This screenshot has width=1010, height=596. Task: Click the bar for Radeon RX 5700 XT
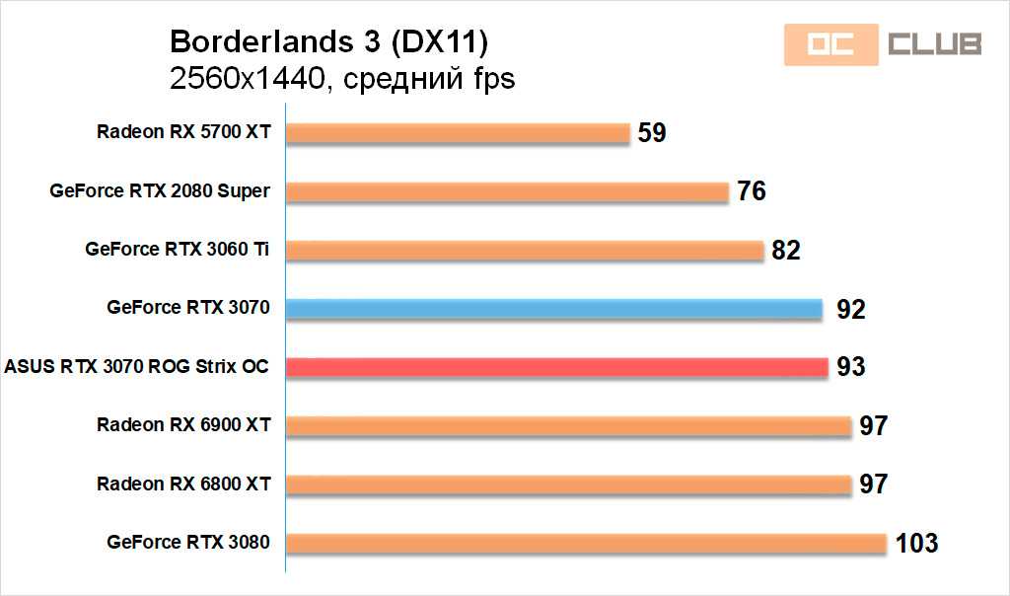pyautogui.click(x=458, y=133)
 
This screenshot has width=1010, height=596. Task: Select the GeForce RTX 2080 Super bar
pyautogui.click(x=507, y=191)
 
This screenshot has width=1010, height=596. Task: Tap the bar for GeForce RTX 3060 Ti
pyautogui.click(x=525, y=251)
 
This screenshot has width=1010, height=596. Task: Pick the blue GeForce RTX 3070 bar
pyautogui.click(x=554, y=309)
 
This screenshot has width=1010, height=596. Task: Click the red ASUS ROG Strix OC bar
pyautogui.click(x=557, y=367)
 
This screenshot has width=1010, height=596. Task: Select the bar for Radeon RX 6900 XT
pyautogui.click(x=568, y=425)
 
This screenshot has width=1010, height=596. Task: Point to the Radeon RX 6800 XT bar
pyautogui.click(x=568, y=484)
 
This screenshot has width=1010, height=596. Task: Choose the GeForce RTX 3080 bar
pyautogui.click(x=586, y=543)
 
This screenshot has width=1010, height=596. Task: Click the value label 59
pyautogui.click(x=652, y=132)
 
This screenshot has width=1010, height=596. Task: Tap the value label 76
pyautogui.click(x=752, y=191)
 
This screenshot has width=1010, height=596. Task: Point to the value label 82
pyautogui.click(x=786, y=251)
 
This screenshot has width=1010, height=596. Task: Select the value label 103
pyautogui.click(x=916, y=543)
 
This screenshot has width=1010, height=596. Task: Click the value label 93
pyautogui.click(x=850, y=367)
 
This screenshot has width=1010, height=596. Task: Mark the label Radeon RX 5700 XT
pyautogui.click(x=183, y=132)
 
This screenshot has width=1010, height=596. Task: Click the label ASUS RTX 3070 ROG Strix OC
pyautogui.click(x=137, y=367)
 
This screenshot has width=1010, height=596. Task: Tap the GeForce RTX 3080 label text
pyautogui.click(x=188, y=542)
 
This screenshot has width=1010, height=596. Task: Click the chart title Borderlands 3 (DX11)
pyautogui.click(x=328, y=42)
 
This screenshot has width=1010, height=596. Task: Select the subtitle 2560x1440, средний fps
pyautogui.click(x=342, y=79)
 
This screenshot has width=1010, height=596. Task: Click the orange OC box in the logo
pyautogui.click(x=830, y=44)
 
